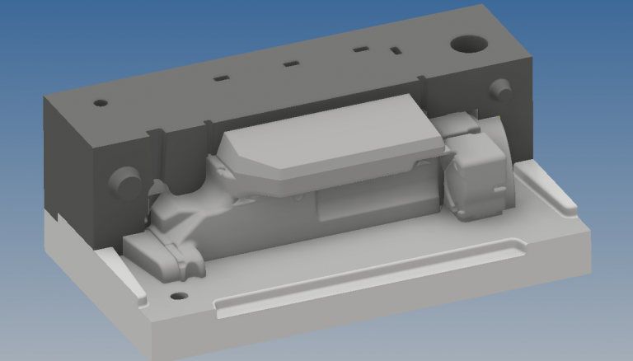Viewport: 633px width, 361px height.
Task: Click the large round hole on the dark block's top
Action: click(x=468, y=43)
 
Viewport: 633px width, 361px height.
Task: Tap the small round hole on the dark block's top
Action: click(x=101, y=104)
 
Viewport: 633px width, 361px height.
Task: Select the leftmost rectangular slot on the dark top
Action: click(x=221, y=79)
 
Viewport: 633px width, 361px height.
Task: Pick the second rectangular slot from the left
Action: click(x=290, y=63)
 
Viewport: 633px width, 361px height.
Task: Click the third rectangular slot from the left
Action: click(x=360, y=50)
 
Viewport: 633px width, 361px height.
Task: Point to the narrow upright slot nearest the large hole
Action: click(x=396, y=50)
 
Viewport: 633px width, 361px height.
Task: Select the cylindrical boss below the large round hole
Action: click(x=499, y=87)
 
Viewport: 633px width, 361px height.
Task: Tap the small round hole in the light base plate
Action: click(x=176, y=296)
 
